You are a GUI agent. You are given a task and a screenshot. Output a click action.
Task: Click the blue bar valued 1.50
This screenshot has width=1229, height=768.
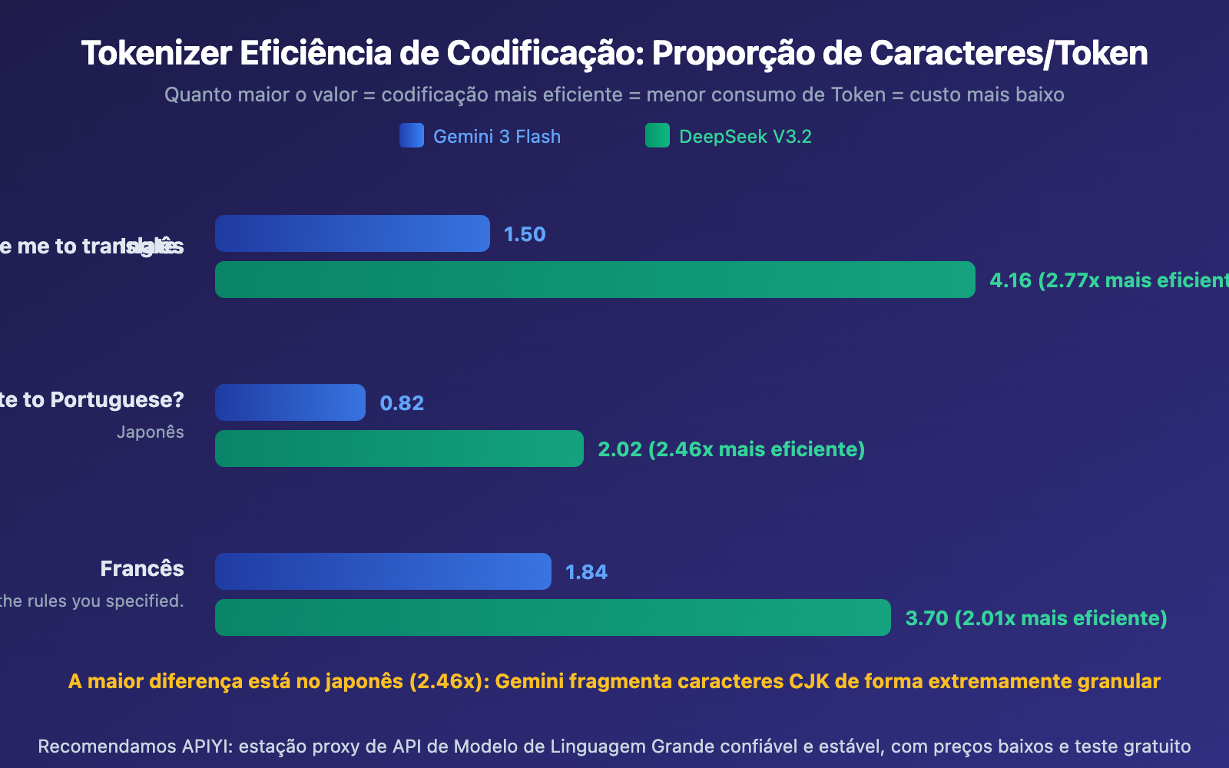coord(352,233)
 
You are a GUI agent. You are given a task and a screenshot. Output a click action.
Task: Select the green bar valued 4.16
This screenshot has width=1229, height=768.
coord(595,280)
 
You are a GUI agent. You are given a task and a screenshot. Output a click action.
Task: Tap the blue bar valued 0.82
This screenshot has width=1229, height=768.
coord(290,402)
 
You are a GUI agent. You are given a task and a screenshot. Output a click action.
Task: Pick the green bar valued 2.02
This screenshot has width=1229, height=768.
coord(399,449)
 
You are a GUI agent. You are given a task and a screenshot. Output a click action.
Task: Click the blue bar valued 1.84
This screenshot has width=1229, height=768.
coord(383,571)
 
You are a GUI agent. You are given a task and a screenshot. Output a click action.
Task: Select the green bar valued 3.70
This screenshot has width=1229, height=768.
coord(552,617)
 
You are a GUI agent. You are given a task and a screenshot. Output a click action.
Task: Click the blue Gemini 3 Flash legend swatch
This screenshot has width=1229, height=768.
coord(412,136)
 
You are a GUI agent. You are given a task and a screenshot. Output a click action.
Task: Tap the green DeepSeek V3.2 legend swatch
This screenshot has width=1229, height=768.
coord(658,136)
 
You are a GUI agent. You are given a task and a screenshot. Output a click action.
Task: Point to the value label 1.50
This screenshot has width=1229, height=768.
coord(525,234)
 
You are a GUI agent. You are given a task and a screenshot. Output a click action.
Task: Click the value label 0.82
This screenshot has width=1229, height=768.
coord(402,403)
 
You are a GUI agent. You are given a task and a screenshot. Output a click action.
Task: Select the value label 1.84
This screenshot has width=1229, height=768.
coord(586,572)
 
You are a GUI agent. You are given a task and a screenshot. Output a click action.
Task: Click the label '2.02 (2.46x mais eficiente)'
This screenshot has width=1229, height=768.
coord(731,449)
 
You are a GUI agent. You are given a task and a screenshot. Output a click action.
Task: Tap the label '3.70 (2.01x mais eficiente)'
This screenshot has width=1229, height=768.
coord(1036,618)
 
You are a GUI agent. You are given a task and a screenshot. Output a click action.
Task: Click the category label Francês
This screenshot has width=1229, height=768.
coord(142,568)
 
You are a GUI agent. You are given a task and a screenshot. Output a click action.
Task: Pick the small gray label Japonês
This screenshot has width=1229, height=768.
coord(151,432)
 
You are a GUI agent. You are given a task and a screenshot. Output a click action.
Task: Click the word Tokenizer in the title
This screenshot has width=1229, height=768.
coord(157,54)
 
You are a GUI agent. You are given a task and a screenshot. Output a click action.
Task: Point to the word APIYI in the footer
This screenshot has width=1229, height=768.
coord(207,746)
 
